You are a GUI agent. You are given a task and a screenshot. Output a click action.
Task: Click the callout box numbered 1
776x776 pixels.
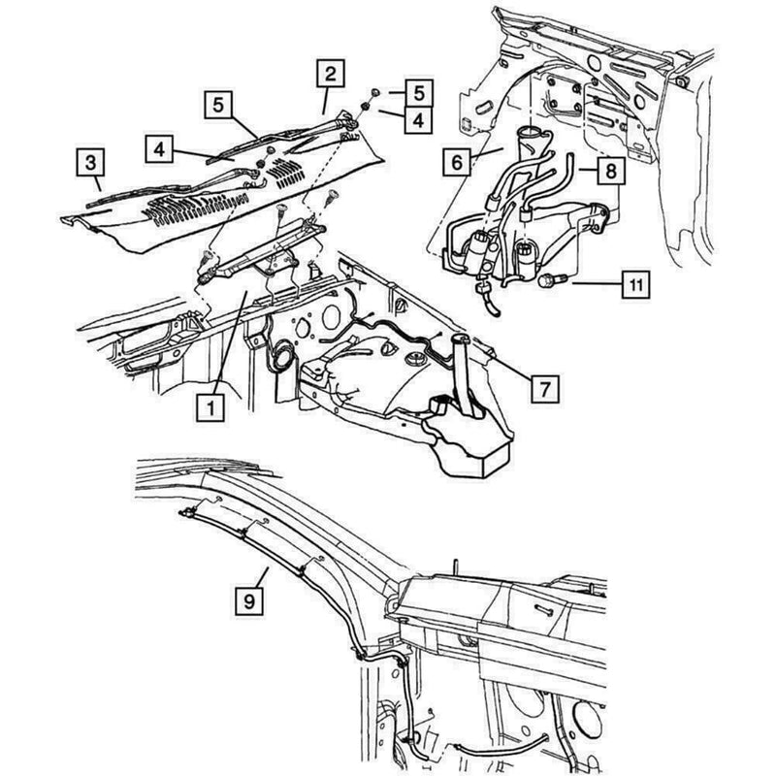(210, 407)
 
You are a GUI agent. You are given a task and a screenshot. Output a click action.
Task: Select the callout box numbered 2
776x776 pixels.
(330, 74)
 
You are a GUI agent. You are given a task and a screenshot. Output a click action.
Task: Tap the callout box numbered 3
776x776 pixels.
(90, 162)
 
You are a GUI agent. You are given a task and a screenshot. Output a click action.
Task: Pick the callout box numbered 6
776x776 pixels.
(456, 162)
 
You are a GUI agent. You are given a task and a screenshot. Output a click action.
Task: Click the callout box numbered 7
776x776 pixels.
(545, 389)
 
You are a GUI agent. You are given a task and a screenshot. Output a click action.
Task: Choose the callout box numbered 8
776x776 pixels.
(611, 171)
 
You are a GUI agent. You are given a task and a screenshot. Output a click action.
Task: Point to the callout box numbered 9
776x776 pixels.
(249, 600)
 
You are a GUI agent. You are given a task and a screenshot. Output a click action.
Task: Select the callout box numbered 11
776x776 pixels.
(635, 284)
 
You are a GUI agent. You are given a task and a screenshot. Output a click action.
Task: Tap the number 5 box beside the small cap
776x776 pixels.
(419, 92)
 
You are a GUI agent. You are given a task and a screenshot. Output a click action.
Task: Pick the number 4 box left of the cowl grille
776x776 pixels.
(159, 148)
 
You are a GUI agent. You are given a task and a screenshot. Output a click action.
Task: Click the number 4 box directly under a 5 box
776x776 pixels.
(419, 119)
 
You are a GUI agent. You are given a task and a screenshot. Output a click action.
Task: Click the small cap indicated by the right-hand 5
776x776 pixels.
(374, 92)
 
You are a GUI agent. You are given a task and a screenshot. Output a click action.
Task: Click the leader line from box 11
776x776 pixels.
(597, 284)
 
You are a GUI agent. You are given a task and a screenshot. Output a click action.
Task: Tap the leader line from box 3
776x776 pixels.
(98, 183)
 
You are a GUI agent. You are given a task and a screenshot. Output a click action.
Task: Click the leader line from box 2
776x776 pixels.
(325, 101)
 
